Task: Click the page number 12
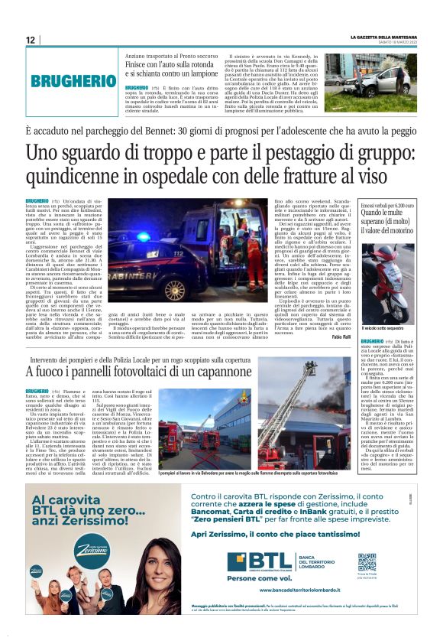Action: (30, 40)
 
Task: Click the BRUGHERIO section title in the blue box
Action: (73, 80)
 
